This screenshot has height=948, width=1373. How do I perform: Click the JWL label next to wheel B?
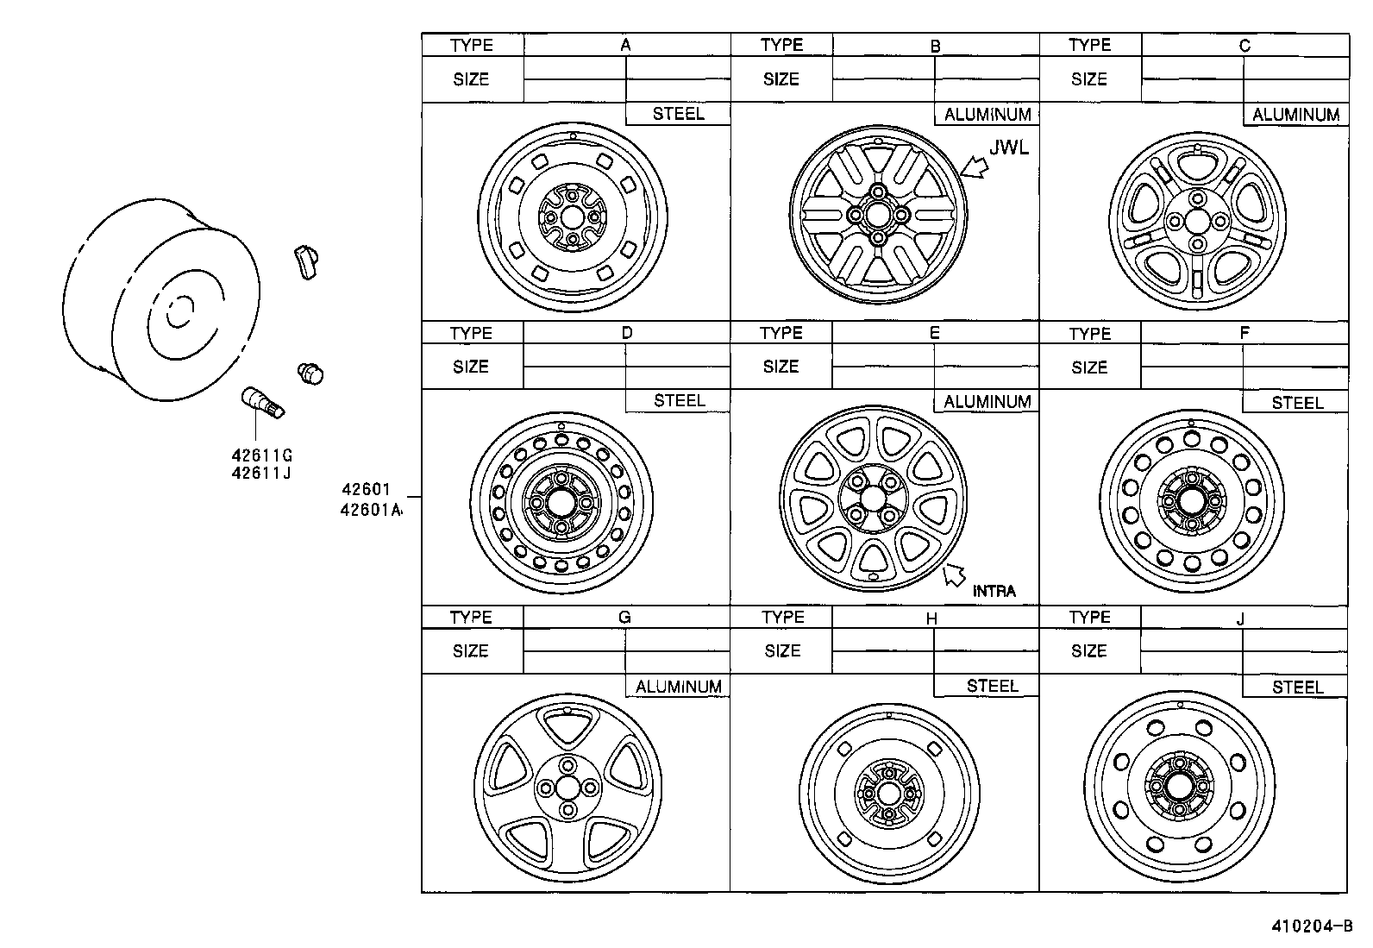(x=1008, y=148)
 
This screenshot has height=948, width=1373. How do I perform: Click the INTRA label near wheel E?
(x=994, y=591)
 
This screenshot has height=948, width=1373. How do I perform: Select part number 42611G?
(x=261, y=455)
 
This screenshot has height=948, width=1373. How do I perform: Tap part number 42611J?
(x=261, y=473)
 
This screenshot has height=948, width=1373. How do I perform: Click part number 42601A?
(x=371, y=509)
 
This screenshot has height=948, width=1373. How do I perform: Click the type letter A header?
(x=626, y=45)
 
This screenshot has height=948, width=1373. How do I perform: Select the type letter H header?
(x=931, y=618)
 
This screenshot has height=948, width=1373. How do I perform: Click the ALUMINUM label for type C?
(x=1295, y=115)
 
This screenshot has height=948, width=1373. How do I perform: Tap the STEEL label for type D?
(x=679, y=400)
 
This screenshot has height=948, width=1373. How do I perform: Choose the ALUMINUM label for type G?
(x=678, y=687)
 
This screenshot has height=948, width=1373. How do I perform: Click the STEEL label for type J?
(x=1296, y=687)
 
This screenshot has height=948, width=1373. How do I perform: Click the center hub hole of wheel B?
(x=876, y=214)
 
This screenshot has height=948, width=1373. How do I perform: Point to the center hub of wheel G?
(x=567, y=787)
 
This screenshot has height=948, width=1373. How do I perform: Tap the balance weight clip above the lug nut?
(x=306, y=261)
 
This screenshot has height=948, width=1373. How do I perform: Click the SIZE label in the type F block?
(x=1088, y=367)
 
